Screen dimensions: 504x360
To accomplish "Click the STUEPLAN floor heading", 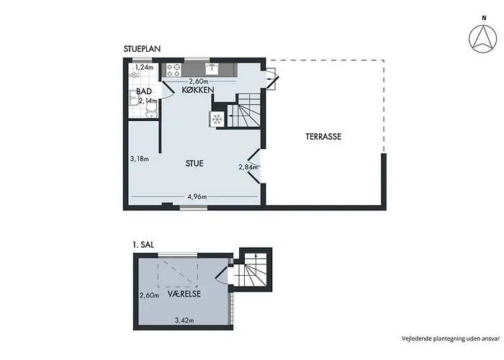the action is tap(142, 49).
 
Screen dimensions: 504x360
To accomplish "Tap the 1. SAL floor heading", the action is tap(143, 245).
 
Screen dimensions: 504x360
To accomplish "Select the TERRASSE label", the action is tap(323, 137).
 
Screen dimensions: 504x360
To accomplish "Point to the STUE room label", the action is tap(194, 163).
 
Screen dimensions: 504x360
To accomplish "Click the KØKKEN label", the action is tap(198, 90).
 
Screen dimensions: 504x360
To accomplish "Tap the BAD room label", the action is tap(144, 91).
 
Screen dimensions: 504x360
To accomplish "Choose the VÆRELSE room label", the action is tap(184, 294).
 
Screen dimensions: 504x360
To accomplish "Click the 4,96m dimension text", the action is tap(197, 197).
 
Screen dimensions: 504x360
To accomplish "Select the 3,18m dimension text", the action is tap(140, 159).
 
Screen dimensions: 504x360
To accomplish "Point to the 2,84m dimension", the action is tap(248, 167).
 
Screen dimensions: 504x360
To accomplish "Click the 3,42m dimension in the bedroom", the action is tap(184, 320).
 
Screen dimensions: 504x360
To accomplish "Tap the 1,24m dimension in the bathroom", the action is tap(144, 67).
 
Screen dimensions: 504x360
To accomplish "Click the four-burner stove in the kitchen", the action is tap(174, 70).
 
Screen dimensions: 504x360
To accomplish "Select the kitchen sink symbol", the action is tap(212, 69).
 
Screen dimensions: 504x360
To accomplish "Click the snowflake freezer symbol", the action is tap(217, 119).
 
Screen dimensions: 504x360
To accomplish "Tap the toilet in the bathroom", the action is tap(151, 111).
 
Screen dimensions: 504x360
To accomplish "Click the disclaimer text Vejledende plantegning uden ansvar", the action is tap(451, 338).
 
